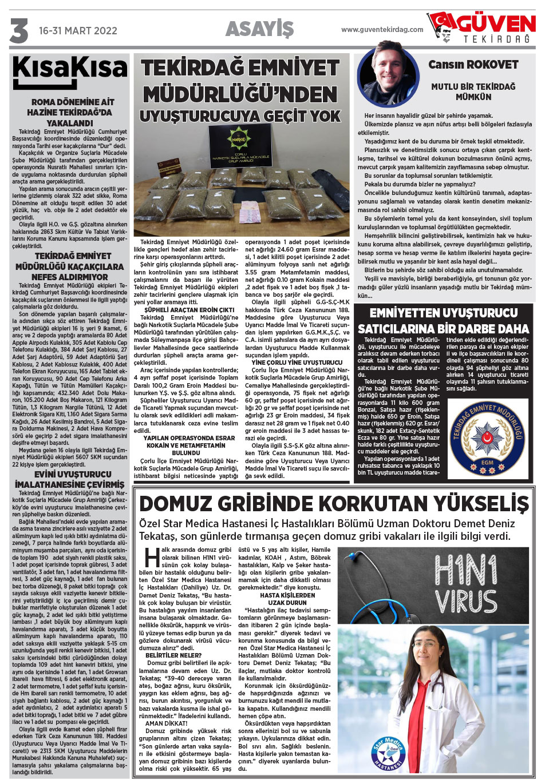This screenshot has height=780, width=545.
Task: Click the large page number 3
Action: point(19,31)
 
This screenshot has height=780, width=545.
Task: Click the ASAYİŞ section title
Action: point(259,29)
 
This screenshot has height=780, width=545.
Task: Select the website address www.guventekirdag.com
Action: point(382,30)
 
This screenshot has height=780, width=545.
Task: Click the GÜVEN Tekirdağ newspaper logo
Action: point(482,27)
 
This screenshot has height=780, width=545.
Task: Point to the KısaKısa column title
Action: point(70,71)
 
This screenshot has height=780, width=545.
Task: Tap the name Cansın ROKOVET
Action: point(473,65)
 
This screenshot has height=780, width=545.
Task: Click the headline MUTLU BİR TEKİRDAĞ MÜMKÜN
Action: point(473,91)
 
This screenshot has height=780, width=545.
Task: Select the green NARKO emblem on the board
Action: point(241,139)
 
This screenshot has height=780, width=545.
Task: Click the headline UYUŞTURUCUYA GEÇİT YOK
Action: point(240,116)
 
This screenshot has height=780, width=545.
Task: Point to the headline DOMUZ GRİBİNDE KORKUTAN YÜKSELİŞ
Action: point(334,504)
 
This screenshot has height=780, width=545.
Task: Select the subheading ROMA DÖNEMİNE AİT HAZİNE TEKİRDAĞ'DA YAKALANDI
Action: point(70,113)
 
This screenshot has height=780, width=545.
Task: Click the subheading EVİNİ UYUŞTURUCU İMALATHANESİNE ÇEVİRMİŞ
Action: point(70,479)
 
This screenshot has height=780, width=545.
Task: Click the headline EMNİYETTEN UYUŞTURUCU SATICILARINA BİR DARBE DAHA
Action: point(443,321)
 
